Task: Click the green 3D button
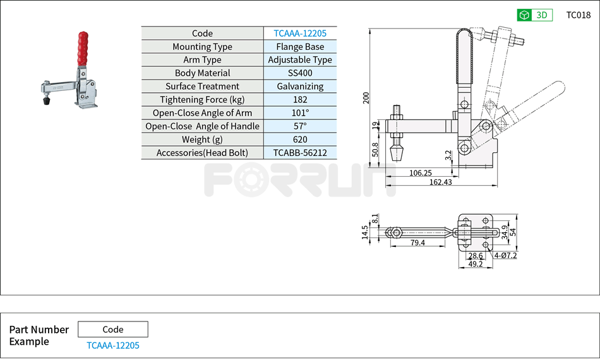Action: (534, 15)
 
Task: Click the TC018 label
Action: (578, 15)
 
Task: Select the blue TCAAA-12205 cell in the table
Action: (300, 33)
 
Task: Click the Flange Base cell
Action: (300, 47)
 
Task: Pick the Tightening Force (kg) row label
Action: (202, 100)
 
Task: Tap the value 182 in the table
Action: (300, 100)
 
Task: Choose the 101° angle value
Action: (300, 113)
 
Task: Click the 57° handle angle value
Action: (300, 126)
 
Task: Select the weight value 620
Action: (300, 140)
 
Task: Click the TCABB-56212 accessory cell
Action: (300, 153)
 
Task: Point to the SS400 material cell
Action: (300, 73)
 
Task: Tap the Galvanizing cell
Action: (300, 87)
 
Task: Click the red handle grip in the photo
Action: (82, 48)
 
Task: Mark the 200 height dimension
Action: (366, 98)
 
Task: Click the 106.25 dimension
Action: (421, 172)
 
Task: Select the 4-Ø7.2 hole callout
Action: (505, 256)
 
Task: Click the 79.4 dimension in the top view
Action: (417, 243)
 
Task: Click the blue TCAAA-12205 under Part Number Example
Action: (113, 345)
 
